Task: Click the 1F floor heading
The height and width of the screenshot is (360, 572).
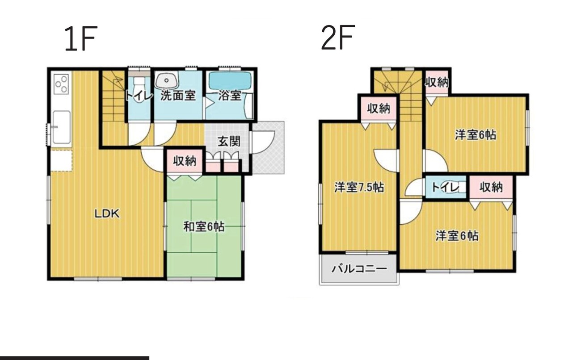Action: coord(81,39)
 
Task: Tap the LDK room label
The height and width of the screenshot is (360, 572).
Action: coord(107,213)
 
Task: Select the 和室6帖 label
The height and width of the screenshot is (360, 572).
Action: coord(204,227)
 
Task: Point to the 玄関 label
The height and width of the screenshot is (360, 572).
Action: coord(229,141)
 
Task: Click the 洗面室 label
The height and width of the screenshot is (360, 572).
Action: coord(178,96)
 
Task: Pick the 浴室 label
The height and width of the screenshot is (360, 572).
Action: coord(230,96)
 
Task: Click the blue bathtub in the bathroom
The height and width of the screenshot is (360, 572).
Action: coord(230,80)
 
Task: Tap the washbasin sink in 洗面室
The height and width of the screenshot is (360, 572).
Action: coord(167,80)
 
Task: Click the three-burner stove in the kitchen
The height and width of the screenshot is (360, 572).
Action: coord(62,84)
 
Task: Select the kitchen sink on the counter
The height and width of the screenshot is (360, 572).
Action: coord(62,127)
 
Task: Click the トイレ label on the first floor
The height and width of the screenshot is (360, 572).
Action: coord(139,96)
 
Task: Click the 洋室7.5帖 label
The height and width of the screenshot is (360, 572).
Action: coord(359,188)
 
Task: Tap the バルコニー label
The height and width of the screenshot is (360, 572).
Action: coord(359,269)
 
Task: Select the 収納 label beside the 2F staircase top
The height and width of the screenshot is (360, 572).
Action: coord(437,83)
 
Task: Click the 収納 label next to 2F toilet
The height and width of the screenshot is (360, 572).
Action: coord(491,188)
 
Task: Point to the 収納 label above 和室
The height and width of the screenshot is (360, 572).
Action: coord(185,161)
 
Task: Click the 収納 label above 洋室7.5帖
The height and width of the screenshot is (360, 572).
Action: coord(379,109)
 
